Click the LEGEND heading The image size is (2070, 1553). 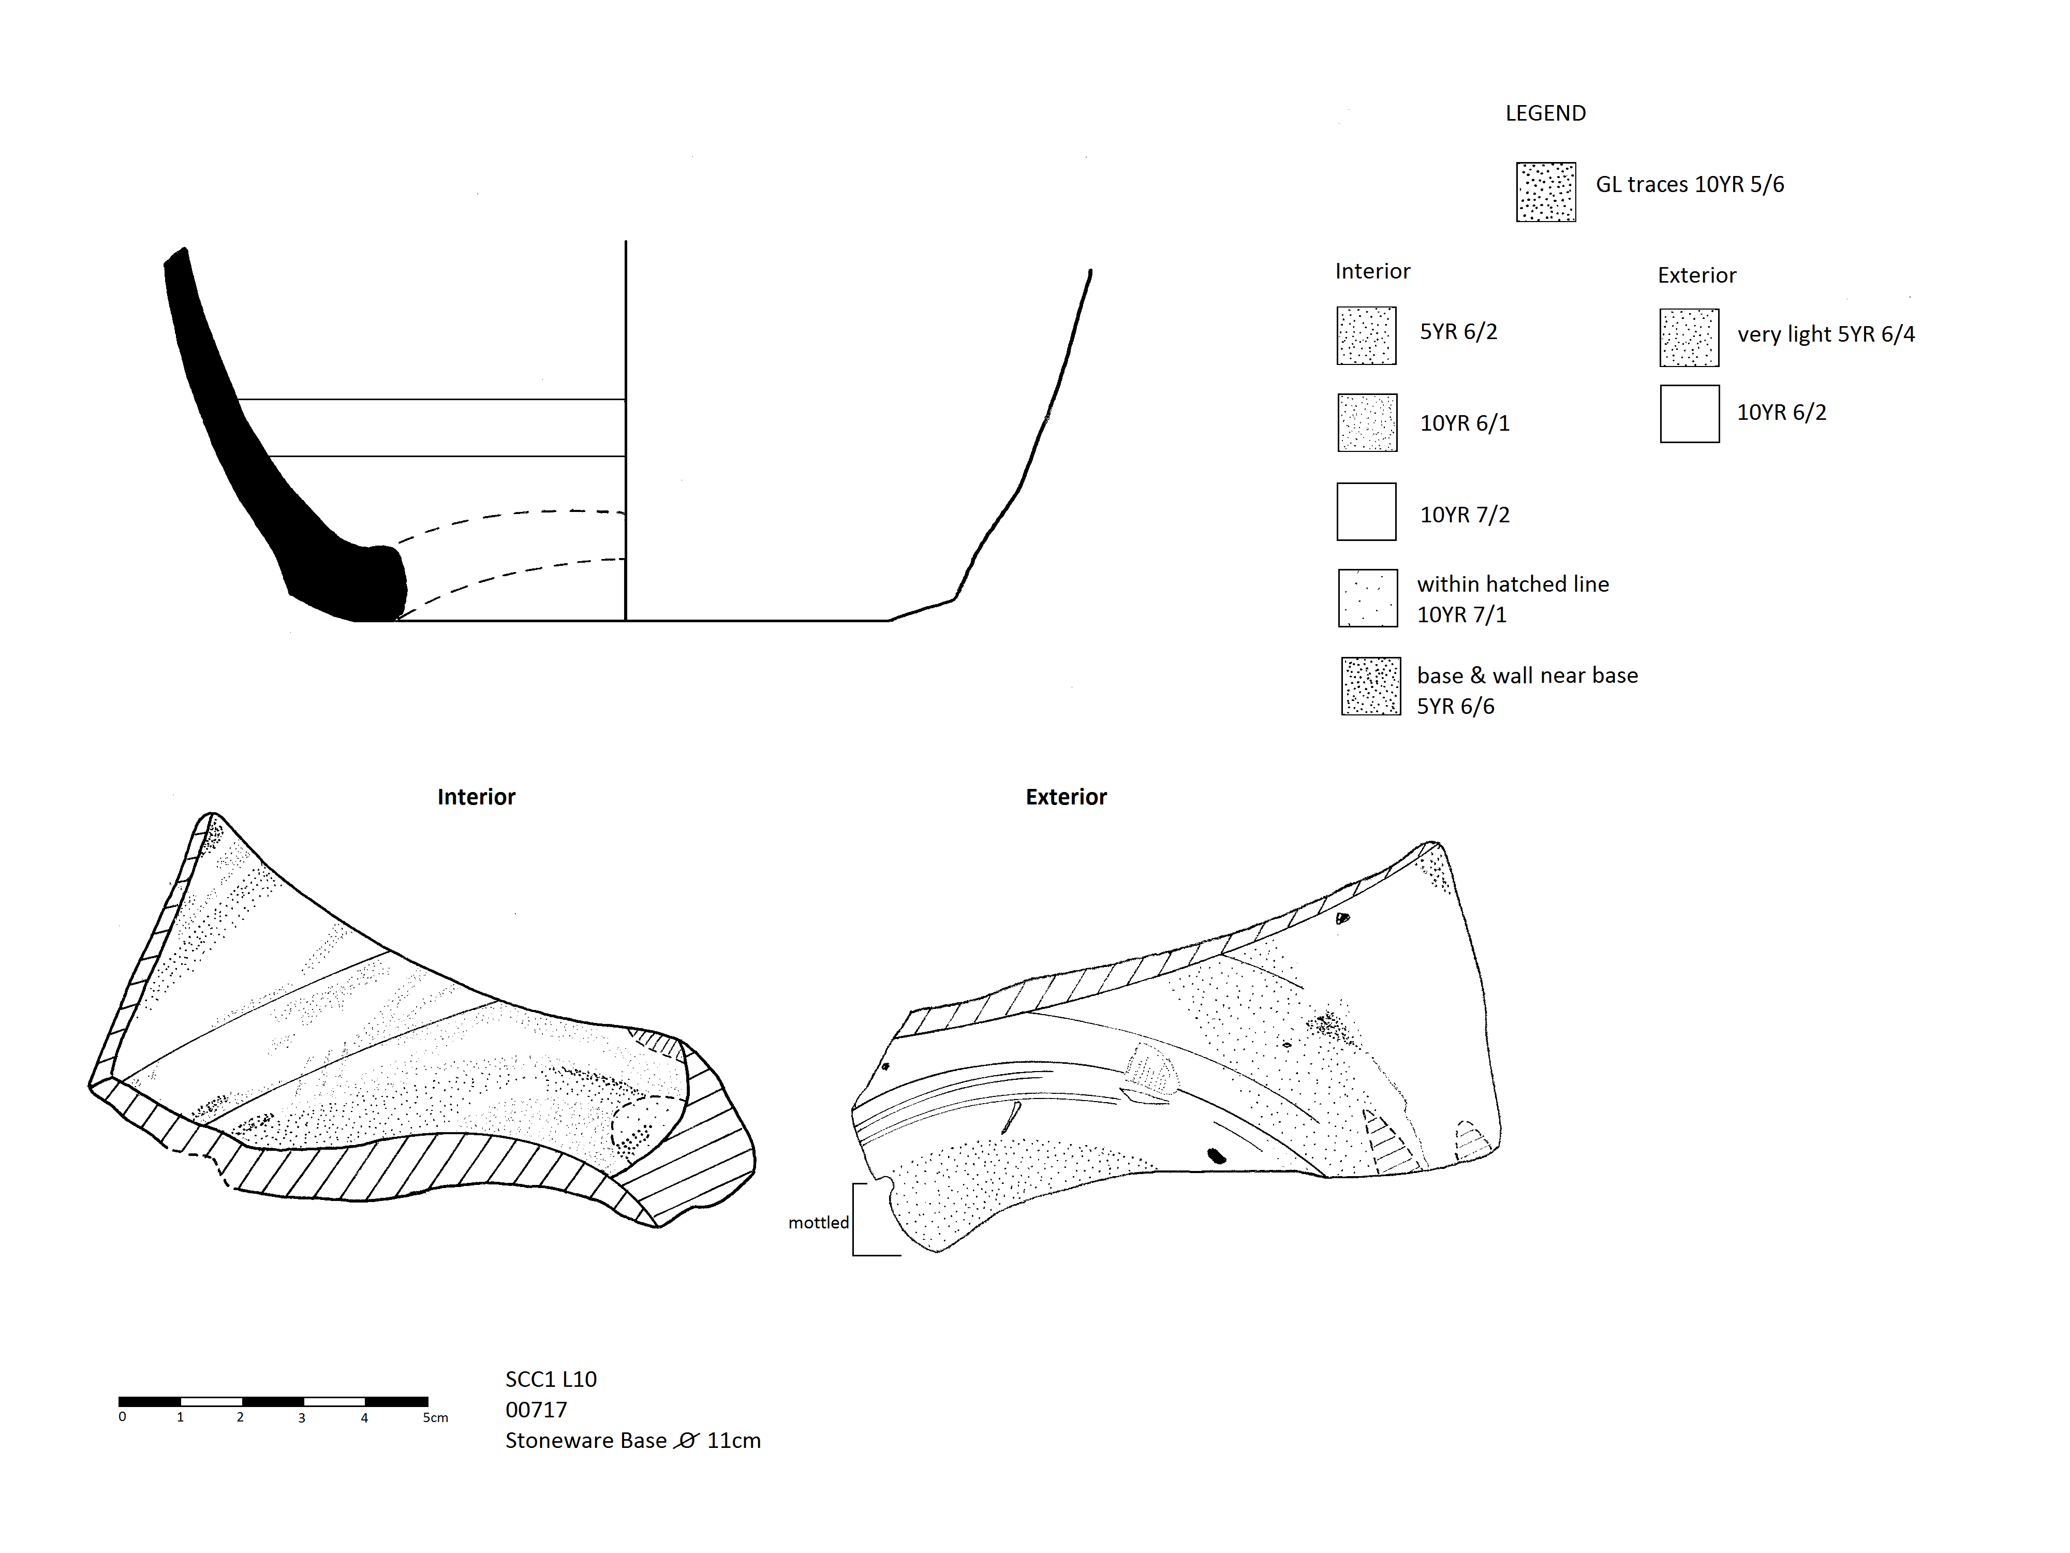click(1545, 113)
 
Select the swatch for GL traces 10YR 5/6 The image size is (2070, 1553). click(1546, 192)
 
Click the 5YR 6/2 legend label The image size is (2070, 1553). click(1458, 331)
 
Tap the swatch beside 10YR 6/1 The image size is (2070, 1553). click(1367, 422)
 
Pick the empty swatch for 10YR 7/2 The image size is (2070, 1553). click(1366, 511)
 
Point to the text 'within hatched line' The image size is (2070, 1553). click(1513, 584)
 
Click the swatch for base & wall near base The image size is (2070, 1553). click(1371, 686)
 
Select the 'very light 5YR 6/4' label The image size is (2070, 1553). click(1826, 334)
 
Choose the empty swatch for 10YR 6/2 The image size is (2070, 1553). click(1689, 414)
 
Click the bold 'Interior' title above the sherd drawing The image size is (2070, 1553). click(476, 797)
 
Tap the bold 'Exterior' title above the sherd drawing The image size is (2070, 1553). click(1066, 797)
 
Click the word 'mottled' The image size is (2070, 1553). click(818, 1223)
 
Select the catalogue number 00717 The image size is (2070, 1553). click(536, 1410)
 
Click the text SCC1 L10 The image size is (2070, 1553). click(551, 1379)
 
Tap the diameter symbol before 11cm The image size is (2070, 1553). click(686, 1441)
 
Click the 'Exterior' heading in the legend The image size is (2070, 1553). click(1696, 275)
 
